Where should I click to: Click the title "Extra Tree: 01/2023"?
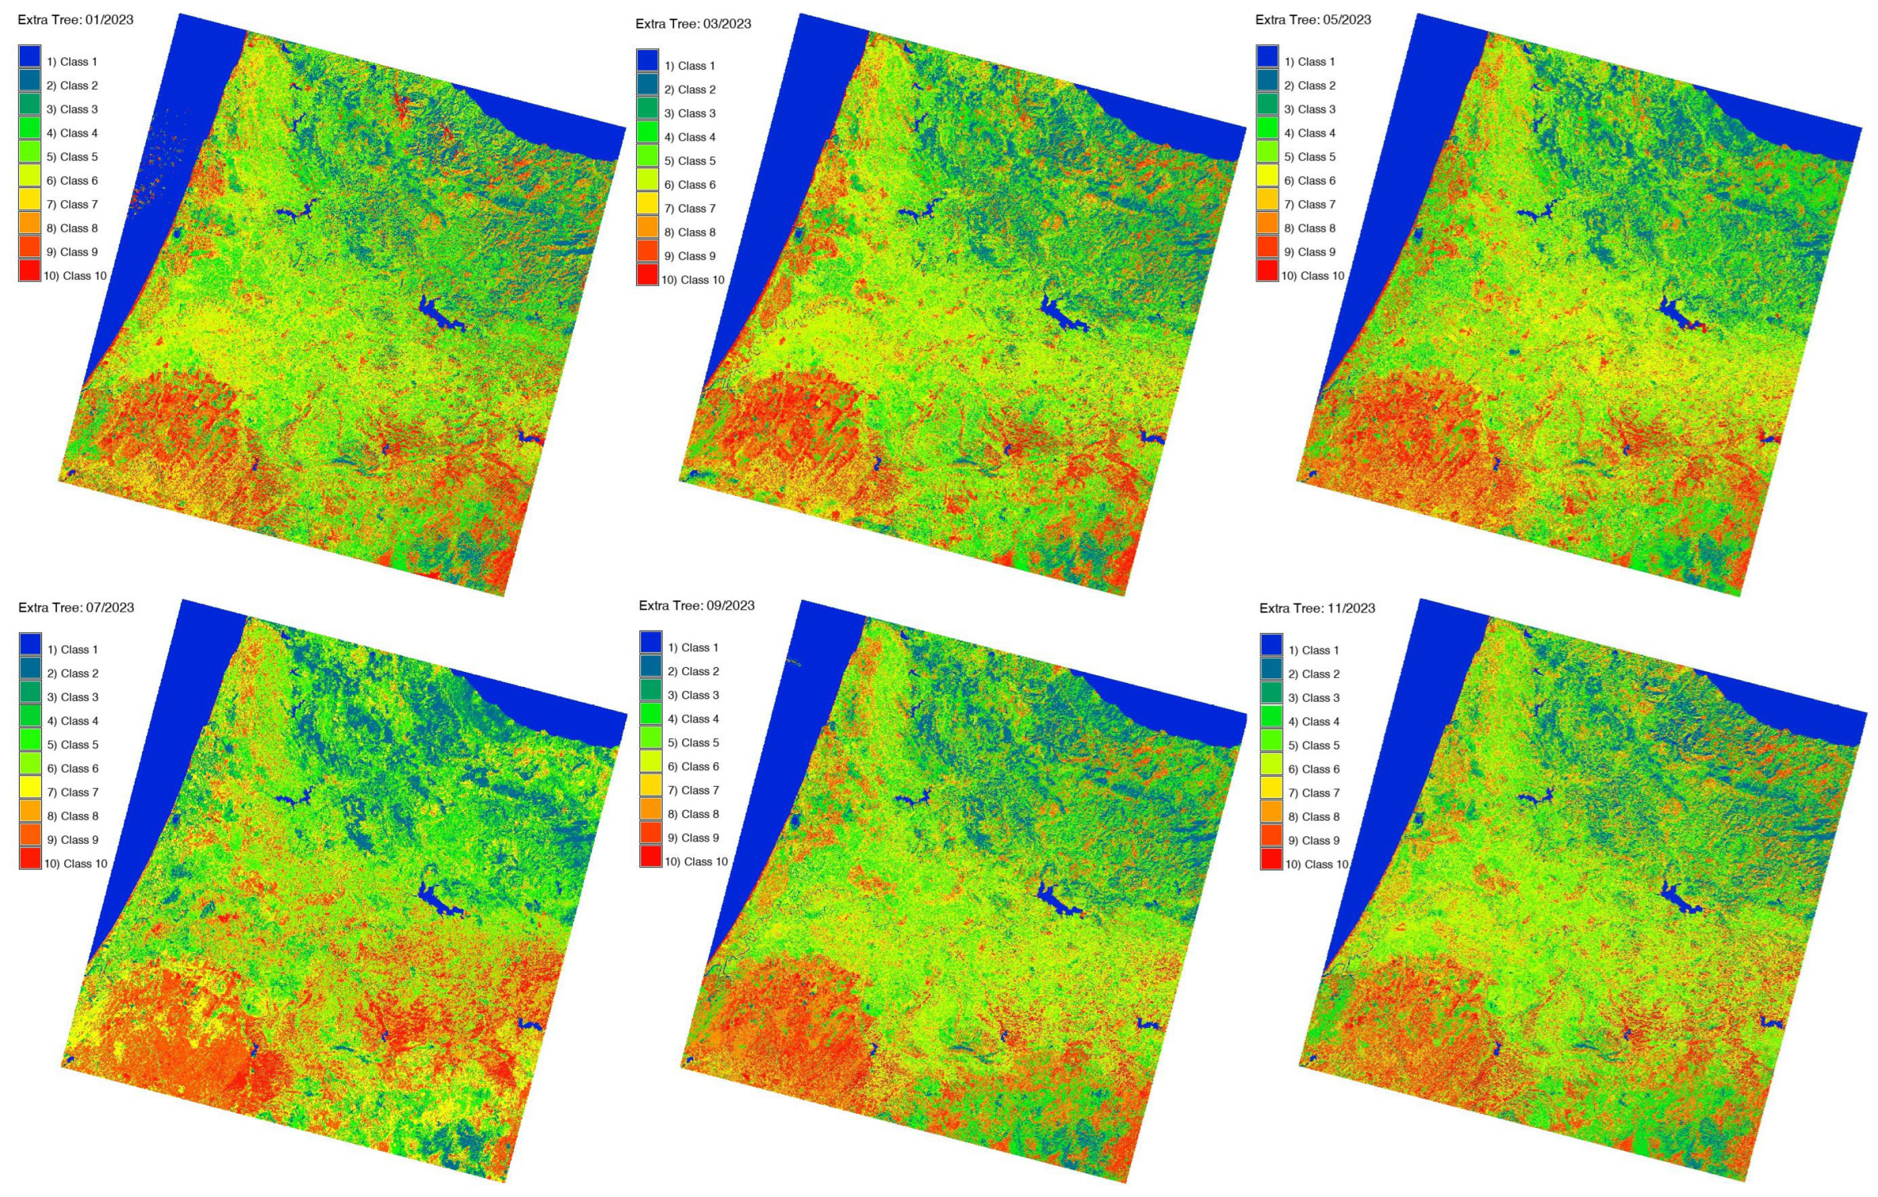pos(76,20)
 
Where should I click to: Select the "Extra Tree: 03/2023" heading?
pos(693,24)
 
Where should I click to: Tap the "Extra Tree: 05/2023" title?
pos(1313,20)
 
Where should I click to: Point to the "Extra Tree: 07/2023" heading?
pos(76,608)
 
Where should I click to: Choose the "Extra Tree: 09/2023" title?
pos(696,606)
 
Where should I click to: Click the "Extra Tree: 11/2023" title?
pos(1317,608)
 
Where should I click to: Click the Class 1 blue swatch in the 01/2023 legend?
pos(30,57)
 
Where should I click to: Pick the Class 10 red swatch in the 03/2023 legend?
pos(647,275)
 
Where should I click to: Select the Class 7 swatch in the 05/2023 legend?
pos(1268,200)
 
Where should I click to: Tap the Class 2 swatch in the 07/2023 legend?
pos(30,669)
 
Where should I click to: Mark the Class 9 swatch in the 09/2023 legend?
pos(651,834)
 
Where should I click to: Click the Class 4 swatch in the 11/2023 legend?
pos(1271,717)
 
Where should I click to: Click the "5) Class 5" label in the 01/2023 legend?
pos(72,157)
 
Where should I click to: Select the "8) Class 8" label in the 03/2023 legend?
pos(690,232)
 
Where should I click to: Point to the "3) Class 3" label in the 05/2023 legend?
pos(1310,109)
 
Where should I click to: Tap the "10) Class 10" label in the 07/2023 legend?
pos(76,863)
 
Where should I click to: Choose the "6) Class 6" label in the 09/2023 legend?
pos(693,767)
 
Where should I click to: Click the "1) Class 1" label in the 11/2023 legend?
pos(1314,650)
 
